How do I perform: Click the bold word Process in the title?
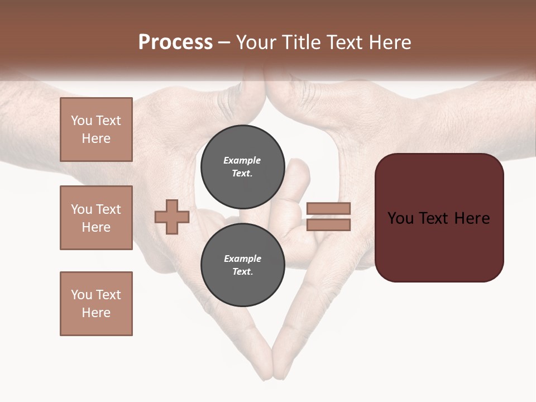pos(175,42)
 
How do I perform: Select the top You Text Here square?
pos(96,130)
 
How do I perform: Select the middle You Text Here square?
pos(96,218)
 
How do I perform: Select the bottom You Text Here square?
pos(96,304)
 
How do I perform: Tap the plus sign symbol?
pos(172,217)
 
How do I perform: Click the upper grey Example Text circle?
pos(242,166)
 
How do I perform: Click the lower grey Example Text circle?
pos(242,265)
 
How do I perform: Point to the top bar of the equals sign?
pos(329,208)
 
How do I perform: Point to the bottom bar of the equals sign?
pos(329,224)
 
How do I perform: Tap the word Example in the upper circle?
pos(242,160)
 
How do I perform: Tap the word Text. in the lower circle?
pos(242,271)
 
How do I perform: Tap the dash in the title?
pos(224,43)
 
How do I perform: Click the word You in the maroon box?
pos(401,218)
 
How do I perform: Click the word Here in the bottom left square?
pos(96,313)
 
